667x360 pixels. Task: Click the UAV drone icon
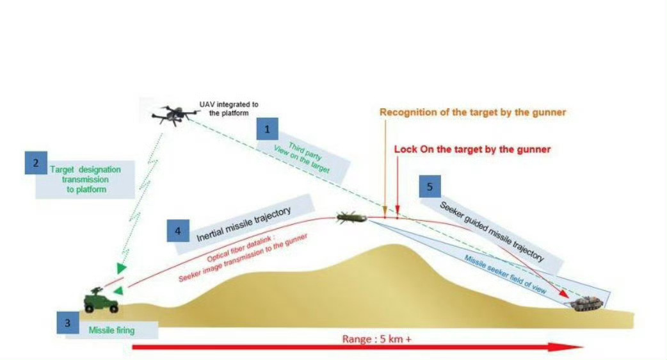(173, 115)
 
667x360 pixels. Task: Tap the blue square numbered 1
(267, 130)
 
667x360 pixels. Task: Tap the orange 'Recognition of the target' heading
(473, 113)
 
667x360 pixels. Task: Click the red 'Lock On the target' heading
(472, 149)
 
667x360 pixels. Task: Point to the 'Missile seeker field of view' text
(505, 273)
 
